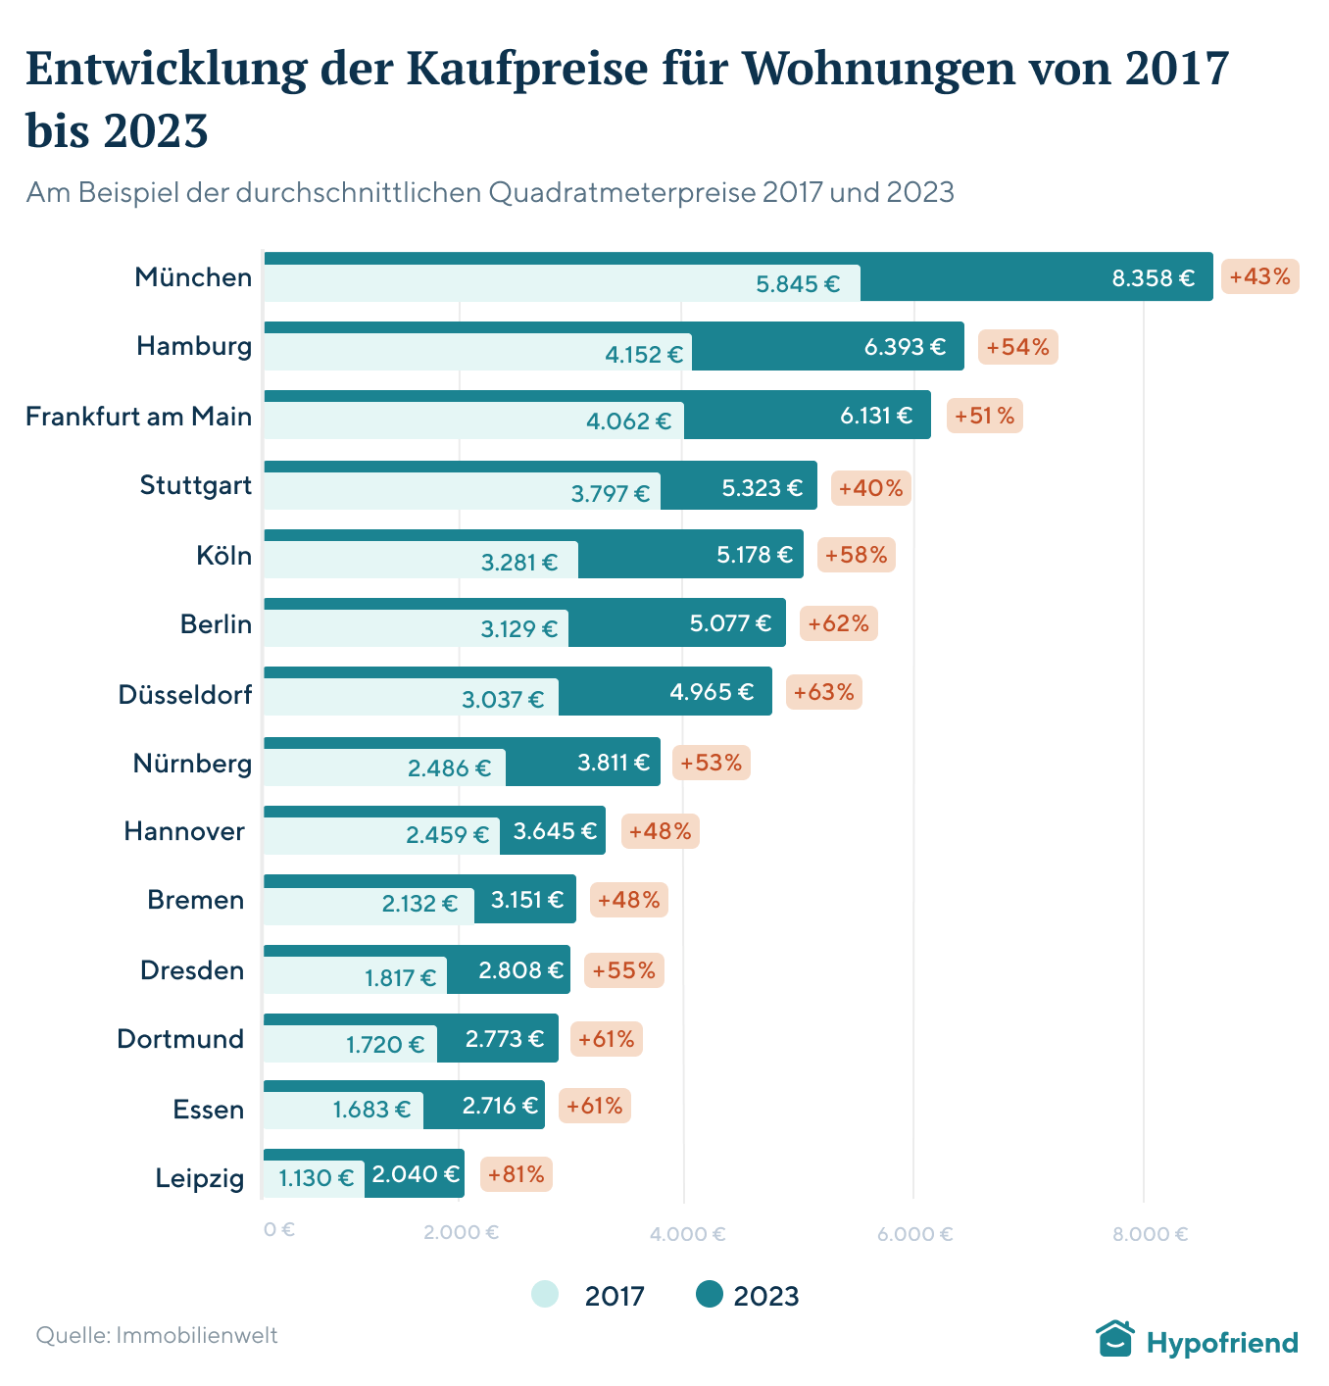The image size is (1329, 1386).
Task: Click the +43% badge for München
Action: [1259, 277]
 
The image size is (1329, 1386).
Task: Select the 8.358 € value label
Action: [1153, 278]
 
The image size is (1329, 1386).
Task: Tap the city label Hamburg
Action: [194, 346]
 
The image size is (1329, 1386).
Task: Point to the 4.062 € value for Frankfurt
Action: [628, 421]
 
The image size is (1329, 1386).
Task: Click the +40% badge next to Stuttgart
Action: [870, 487]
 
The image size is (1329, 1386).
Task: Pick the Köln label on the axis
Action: [223, 556]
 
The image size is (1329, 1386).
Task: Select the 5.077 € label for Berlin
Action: [730, 623]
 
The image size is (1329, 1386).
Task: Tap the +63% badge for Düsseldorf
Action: [823, 692]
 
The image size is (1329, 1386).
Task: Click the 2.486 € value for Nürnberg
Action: [449, 768]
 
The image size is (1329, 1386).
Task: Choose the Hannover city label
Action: [184, 831]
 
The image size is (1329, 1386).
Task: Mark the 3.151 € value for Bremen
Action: [526, 900]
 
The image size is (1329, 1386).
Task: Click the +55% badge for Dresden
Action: [623, 970]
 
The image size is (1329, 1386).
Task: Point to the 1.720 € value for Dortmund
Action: [385, 1045]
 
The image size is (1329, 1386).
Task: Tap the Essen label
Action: [209, 1110]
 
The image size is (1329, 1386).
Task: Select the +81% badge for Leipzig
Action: [516, 1174]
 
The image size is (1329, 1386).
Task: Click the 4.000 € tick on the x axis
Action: [687, 1233]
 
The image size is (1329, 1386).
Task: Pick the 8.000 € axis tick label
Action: [1150, 1233]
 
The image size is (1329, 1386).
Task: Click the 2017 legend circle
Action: [545, 1295]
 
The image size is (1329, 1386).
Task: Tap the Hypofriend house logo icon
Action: [1114, 1339]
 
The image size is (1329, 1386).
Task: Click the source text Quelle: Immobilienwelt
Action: [157, 1335]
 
